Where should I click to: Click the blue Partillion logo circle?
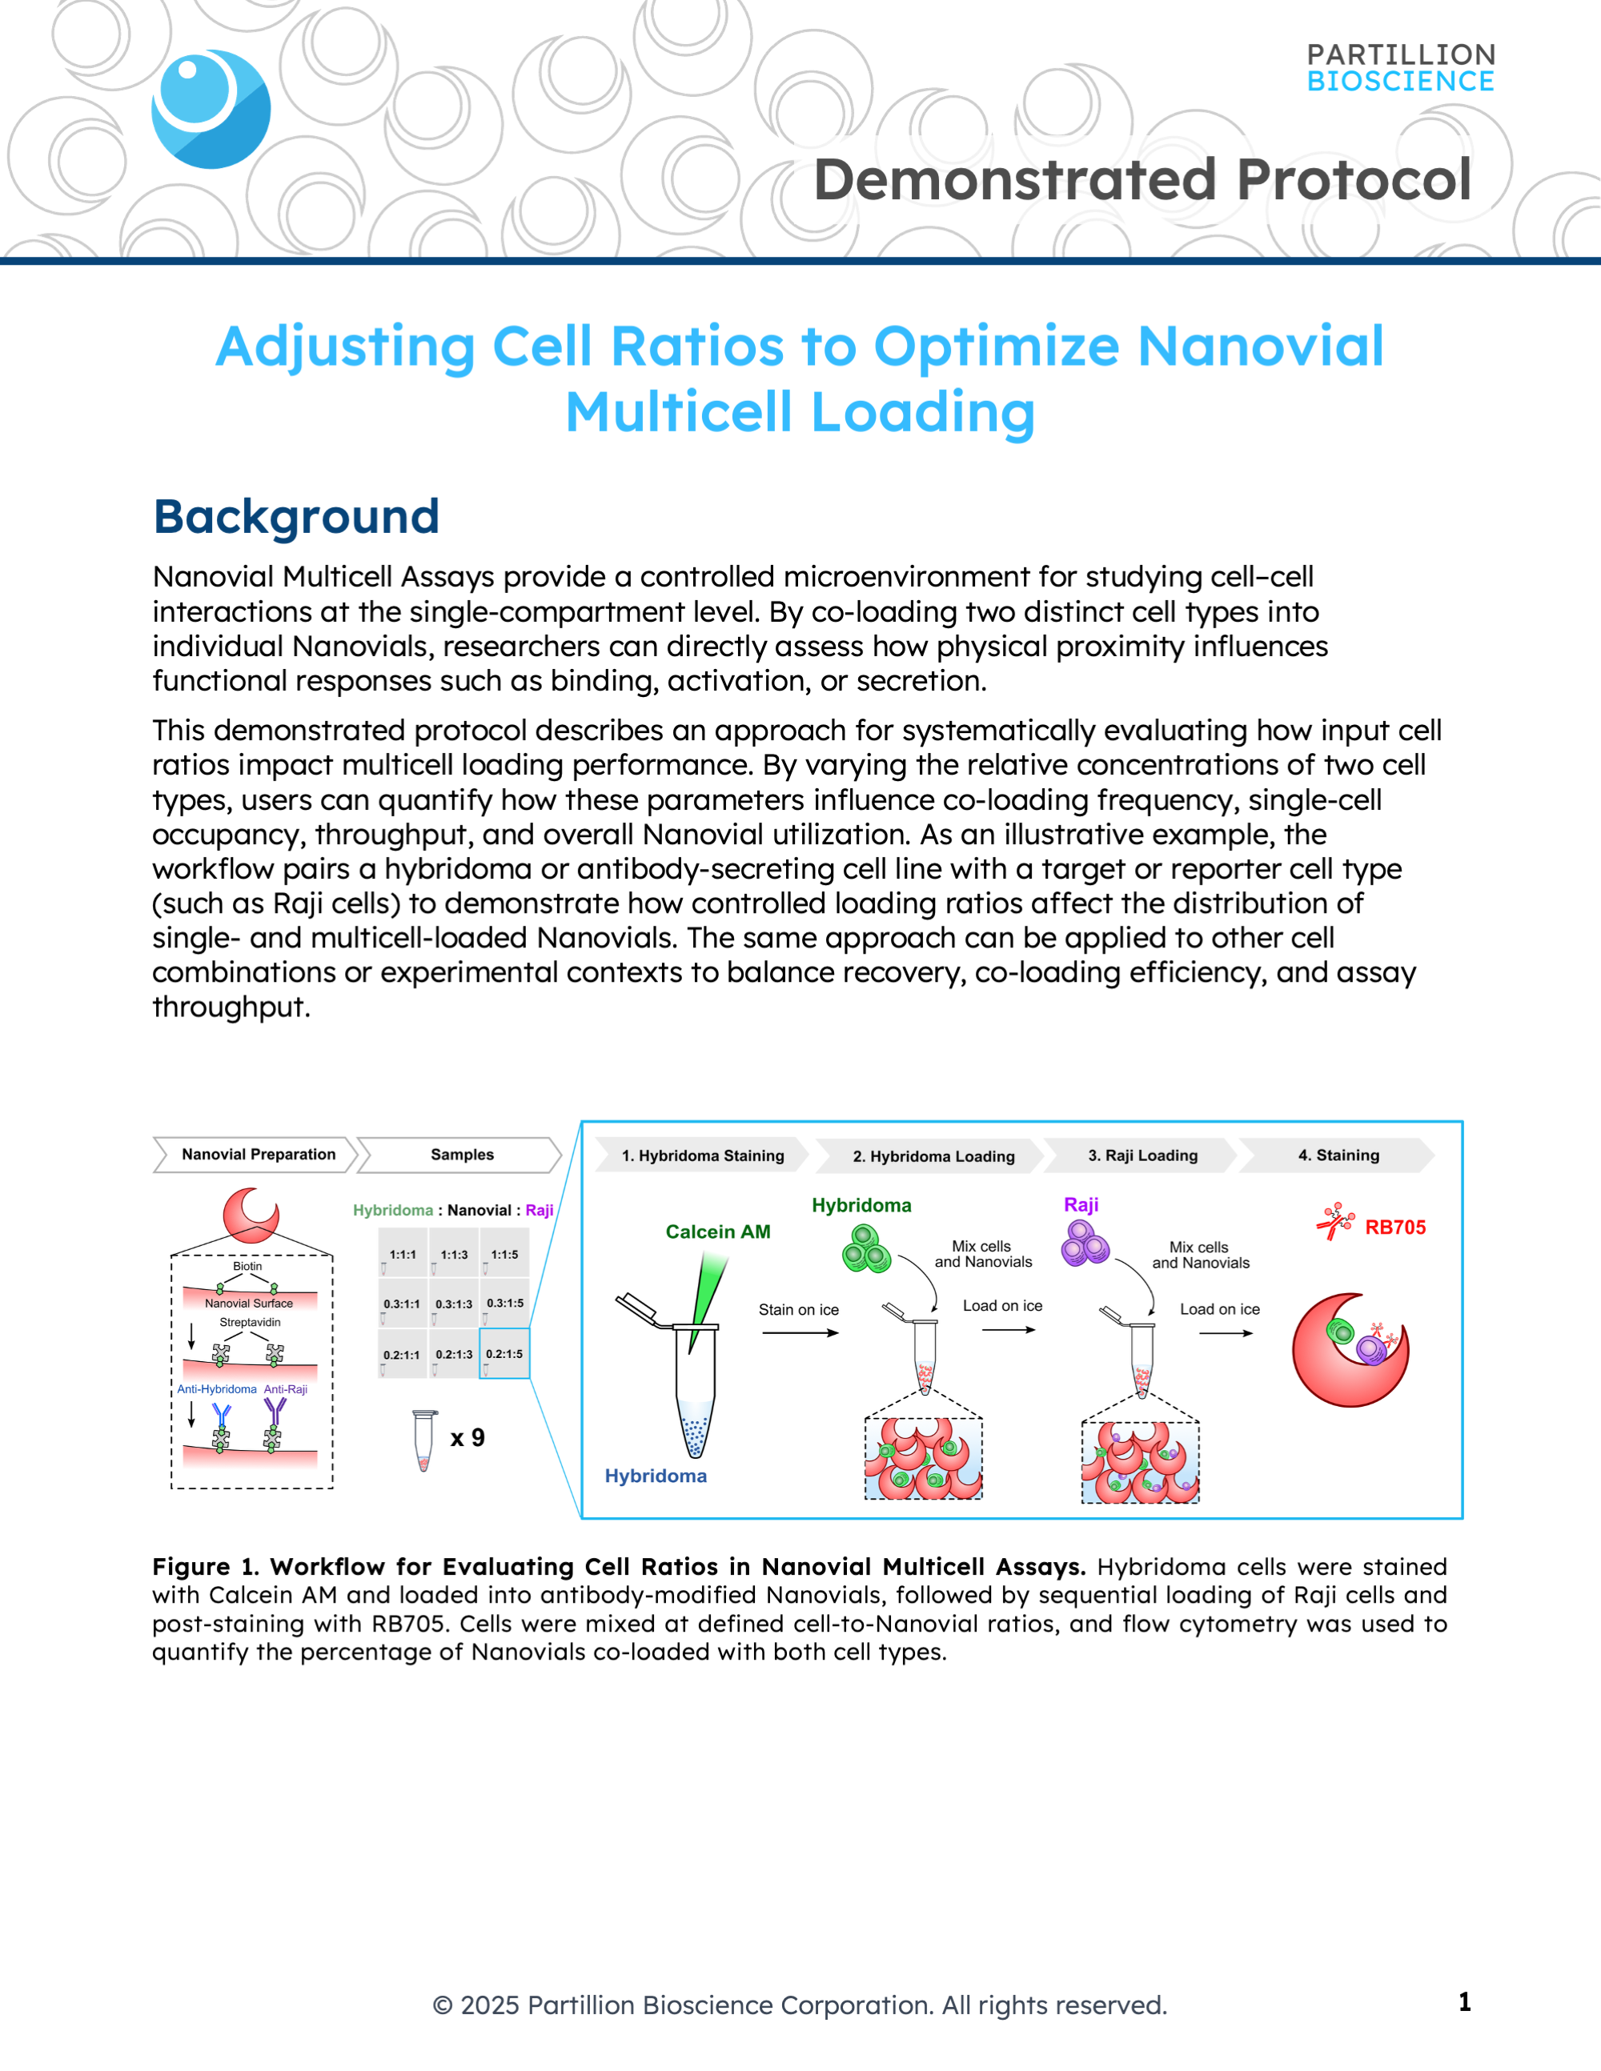(211, 109)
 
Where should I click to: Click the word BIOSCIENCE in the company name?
(1400, 82)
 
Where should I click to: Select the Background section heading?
(296, 517)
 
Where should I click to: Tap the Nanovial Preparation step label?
(258, 1154)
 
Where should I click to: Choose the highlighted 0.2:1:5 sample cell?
(504, 1354)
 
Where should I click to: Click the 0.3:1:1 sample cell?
(401, 1304)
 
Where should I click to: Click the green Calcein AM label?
(718, 1232)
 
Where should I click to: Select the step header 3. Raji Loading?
(1143, 1155)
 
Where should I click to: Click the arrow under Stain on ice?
(800, 1333)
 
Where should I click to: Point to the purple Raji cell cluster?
(1085, 1244)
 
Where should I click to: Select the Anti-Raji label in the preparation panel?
(286, 1389)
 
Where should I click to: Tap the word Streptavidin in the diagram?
(251, 1322)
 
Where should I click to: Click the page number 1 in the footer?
(1464, 2001)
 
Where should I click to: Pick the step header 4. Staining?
(1338, 1155)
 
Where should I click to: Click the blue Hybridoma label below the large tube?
(656, 1476)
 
